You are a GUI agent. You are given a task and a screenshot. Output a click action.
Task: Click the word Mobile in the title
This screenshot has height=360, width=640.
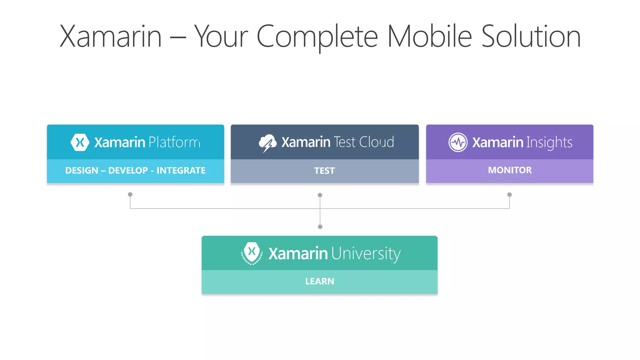click(429, 37)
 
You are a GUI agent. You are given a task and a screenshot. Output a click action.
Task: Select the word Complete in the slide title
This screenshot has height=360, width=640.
click(317, 37)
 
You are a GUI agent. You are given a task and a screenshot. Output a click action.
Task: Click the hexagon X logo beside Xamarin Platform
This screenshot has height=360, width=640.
click(80, 142)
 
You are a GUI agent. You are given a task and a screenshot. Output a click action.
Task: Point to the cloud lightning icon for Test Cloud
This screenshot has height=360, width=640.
click(267, 143)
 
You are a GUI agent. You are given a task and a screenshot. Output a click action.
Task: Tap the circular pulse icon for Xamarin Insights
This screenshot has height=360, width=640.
click(458, 142)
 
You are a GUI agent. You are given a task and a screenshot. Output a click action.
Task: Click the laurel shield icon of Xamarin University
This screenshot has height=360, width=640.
click(252, 253)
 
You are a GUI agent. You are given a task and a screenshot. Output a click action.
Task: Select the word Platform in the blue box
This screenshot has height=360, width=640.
click(174, 142)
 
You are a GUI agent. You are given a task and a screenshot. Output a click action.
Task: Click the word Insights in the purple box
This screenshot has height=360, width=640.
click(549, 143)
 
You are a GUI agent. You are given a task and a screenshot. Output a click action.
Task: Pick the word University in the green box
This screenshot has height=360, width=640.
click(366, 253)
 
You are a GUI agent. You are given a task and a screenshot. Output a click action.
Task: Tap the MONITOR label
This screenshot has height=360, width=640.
click(510, 170)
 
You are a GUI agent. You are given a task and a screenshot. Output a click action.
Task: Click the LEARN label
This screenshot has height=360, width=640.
click(319, 281)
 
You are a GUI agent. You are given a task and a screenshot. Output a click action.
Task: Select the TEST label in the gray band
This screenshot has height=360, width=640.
click(324, 171)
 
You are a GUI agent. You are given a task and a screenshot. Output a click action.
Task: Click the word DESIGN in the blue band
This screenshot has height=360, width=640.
click(82, 171)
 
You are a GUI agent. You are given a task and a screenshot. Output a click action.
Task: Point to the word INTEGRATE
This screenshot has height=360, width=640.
click(181, 171)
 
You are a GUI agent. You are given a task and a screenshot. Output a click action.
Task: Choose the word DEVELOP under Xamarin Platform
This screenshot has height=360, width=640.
click(128, 171)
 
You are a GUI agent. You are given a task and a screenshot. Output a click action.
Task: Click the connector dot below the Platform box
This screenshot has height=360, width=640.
click(130, 194)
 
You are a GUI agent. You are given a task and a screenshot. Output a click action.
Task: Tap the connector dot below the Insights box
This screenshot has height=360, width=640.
click(509, 194)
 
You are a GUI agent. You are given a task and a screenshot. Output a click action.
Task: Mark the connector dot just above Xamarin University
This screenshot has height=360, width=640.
click(320, 227)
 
